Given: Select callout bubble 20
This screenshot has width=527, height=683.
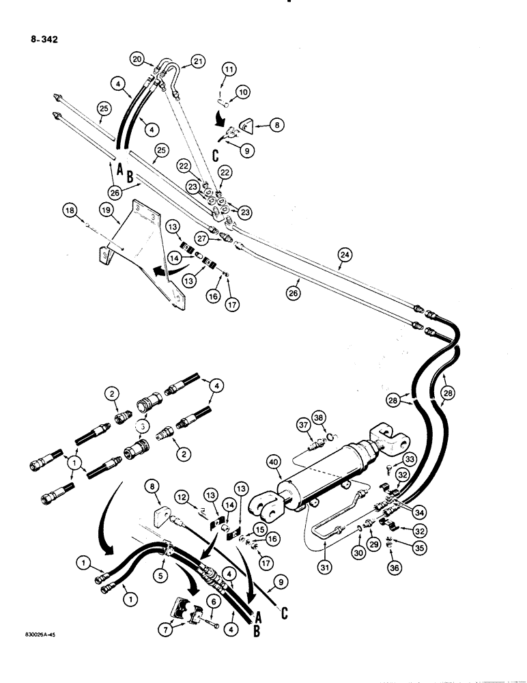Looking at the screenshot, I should pyautogui.click(x=139, y=59).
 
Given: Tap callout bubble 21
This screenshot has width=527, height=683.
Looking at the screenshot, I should pyautogui.click(x=198, y=62).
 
